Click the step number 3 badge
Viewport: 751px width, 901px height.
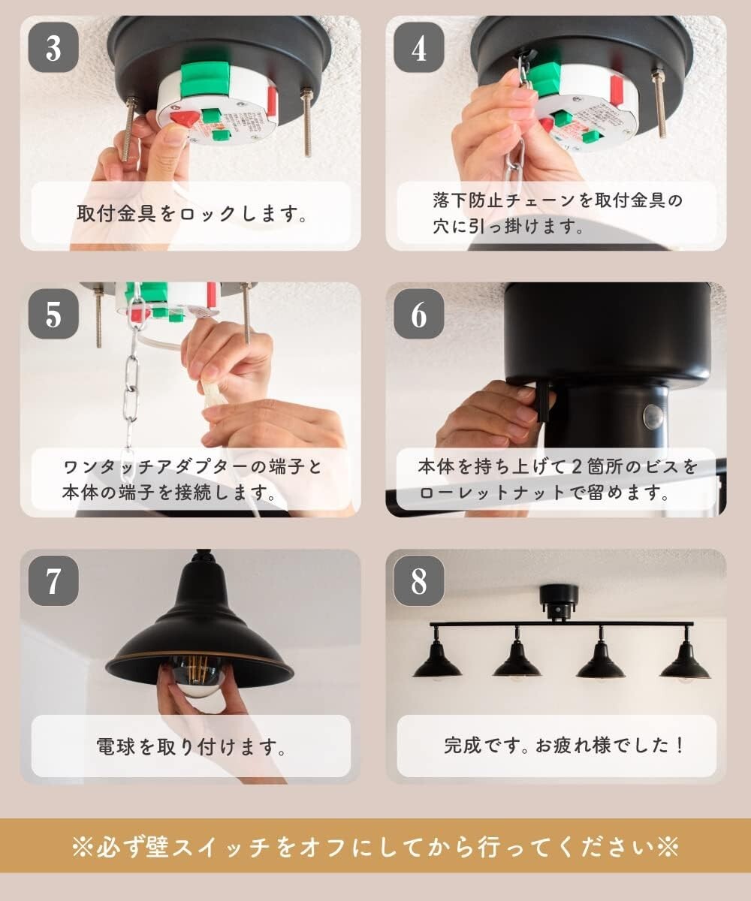click(x=53, y=47)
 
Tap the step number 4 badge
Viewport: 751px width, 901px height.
click(x=419, y=47)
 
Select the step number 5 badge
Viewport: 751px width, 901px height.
click(x=53, y=314)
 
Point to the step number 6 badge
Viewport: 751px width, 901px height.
click(x=419, y=314)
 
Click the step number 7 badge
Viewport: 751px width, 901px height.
click(x=53, y=581)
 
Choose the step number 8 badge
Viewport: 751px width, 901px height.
click(x=419, y=581)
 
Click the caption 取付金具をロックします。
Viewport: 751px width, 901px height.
click(x=192, y=214)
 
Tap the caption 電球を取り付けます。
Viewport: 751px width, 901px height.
click(x=192, y=746)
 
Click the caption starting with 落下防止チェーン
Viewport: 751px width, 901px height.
click(x=556, y=213)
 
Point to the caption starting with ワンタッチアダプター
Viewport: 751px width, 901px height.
click(x=192, y=481)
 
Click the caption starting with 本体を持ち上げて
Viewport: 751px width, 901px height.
click(x=556, y=481)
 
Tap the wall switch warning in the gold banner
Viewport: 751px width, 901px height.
click(x=375, y=847)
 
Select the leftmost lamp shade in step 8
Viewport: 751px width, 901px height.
click(x=437, y=664)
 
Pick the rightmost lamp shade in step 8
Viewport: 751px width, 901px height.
click(x=684, y=664)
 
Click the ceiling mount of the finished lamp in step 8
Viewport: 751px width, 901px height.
click(x=559, y=600)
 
